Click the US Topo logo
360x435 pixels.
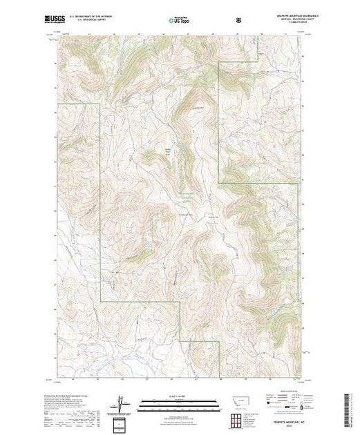(180, 19)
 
